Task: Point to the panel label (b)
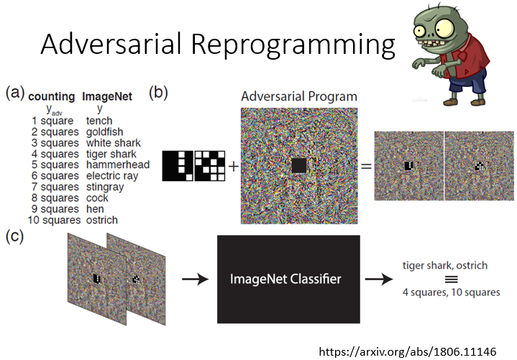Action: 159,93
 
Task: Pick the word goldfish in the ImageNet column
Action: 104,132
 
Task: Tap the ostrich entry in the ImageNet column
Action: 101,220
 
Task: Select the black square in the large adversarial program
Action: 299,166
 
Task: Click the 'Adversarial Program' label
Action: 299,96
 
